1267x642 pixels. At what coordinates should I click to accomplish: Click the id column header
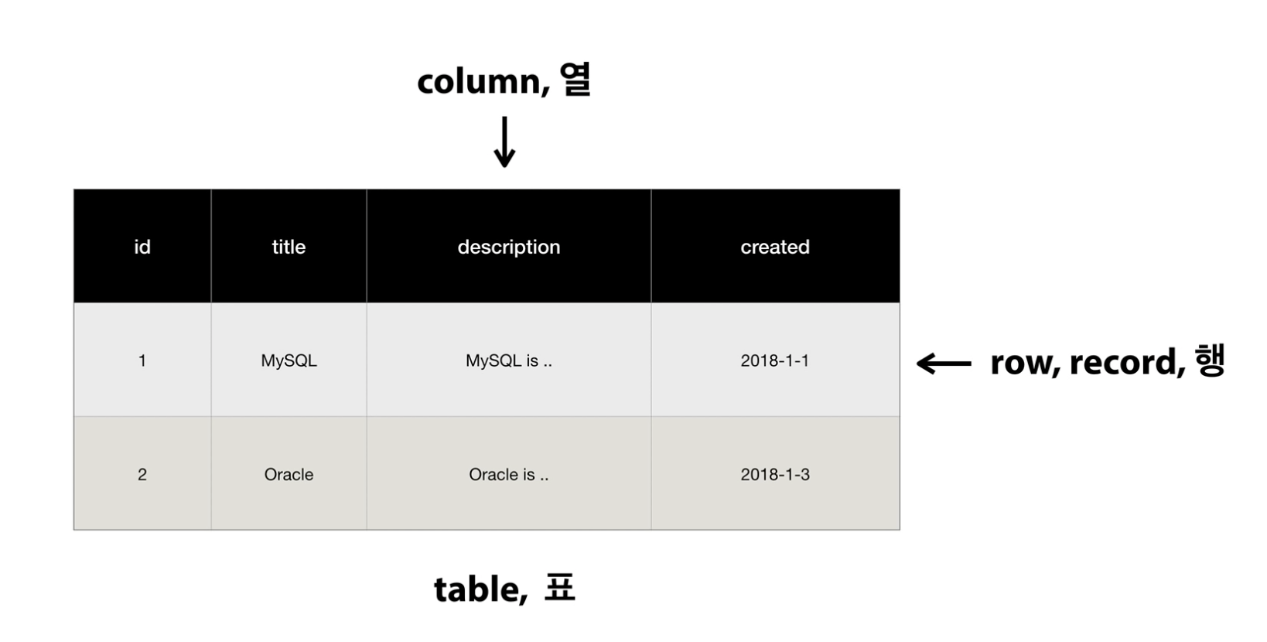pos(142,247)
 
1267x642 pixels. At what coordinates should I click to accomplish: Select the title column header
pos(289,247)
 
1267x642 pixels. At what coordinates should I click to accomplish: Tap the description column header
pos(508,247)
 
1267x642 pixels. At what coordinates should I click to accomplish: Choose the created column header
pos(775,247)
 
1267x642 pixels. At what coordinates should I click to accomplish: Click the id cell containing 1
pos(142,360)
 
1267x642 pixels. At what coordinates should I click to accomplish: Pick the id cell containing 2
pos(142,474)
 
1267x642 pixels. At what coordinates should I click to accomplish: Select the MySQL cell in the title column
pos(289,360)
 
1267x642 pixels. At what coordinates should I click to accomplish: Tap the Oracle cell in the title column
pos(289,474)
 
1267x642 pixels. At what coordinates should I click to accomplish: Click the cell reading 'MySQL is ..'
pos(508,360)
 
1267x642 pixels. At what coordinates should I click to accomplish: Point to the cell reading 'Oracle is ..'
pos(508,474)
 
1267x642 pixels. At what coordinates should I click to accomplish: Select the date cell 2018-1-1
pos(775,360)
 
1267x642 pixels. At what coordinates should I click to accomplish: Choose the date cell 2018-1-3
pos(775,474)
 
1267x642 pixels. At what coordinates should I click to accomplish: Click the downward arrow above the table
pos(504,142)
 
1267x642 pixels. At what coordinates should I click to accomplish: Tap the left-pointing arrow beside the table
pos(944,363)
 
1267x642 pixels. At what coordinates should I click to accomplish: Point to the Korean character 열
pos(575,80)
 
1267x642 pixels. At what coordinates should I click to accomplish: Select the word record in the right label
pos(1126,362)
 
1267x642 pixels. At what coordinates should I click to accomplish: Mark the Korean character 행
pos(1210,360)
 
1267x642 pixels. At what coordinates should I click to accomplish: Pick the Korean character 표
pos(559,588)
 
